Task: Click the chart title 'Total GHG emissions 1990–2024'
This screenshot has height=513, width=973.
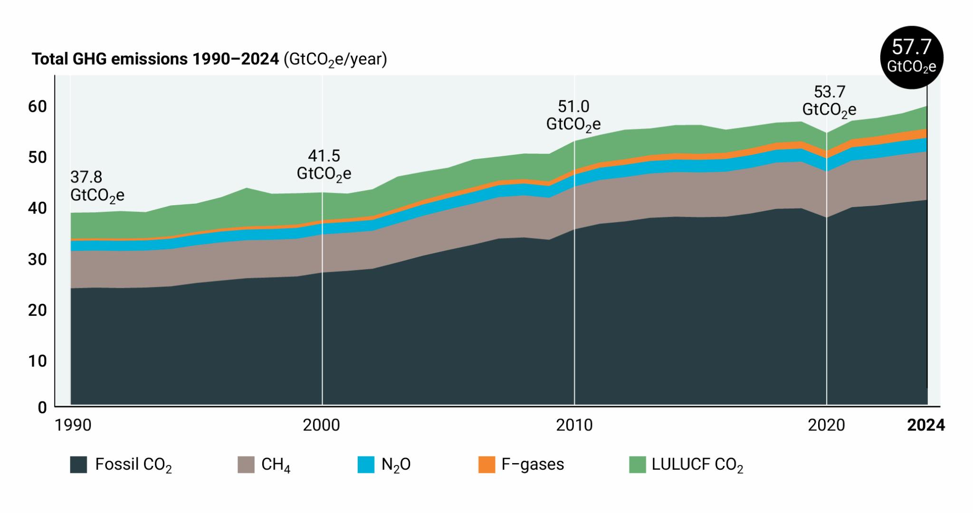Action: coord(155,59)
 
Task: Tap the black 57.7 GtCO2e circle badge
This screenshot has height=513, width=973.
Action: coord(911,57)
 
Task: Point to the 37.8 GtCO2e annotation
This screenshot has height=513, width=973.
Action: coord(97,186)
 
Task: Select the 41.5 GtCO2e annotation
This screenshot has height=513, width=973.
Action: coord(324,164)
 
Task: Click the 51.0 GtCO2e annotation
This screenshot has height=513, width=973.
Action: coord(573,115)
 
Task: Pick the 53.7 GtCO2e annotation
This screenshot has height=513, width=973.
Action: coord(830,100)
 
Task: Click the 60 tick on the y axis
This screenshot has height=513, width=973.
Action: coord(38,106)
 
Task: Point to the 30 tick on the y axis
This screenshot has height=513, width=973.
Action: coord(38,259)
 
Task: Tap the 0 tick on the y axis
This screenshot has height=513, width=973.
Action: coord(42,407)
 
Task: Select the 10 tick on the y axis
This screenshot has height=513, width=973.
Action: coord(38,361)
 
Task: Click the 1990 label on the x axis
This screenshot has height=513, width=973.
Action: coord(73,425)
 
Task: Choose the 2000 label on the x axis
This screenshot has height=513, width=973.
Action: coord(322,425)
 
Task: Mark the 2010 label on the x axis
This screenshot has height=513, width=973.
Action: coord(574,425)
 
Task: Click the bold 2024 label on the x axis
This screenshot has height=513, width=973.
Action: coord(926,425)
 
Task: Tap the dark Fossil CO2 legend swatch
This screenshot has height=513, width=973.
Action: coord(78,464)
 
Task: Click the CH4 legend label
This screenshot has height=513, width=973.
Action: coord(276,464)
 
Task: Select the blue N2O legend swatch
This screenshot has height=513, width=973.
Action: coord(366,464)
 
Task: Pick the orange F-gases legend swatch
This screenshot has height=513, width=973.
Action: coord(486,464)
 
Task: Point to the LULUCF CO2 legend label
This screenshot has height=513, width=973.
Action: coord(697,464)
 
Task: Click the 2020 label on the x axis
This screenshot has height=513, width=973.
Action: coord(826,425)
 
